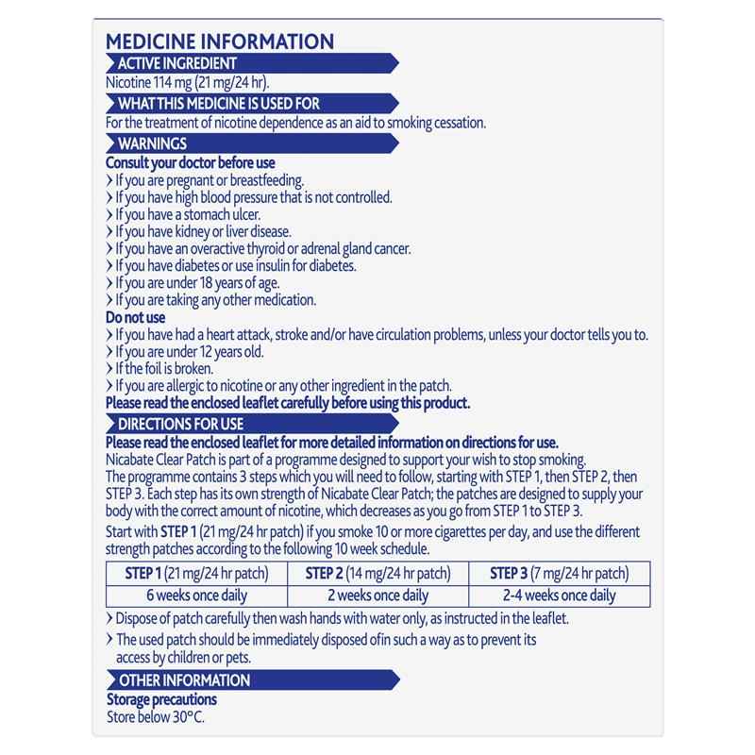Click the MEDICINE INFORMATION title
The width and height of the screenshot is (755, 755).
(219, 42)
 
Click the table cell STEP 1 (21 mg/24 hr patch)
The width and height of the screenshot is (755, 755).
(196, 573)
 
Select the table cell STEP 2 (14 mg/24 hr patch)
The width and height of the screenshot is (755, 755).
(377, 573)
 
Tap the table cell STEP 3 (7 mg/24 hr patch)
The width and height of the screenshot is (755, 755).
(559, 573)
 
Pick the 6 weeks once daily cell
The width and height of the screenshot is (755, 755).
(196, 596)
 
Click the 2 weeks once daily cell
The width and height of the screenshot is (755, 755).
(377, 596)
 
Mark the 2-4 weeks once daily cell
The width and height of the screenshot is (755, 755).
(559, 596)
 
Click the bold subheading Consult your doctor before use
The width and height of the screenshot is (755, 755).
(190, 163)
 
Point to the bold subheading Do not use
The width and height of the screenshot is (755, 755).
(136, 318)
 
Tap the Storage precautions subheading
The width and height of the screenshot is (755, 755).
(161, 699)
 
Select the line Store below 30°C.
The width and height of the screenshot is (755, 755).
(156, 717)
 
